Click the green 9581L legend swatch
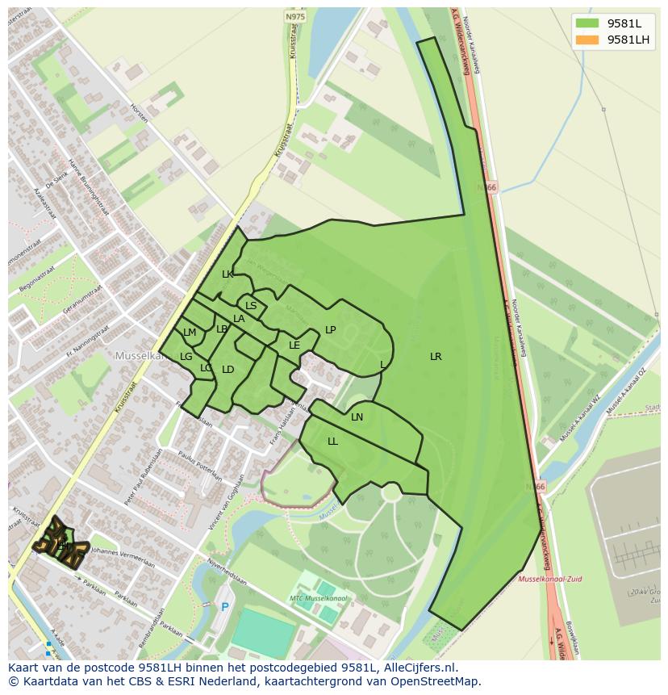587,23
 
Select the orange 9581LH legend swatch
587,40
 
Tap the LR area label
436,357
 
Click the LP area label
330,330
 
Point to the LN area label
357,417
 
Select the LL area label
332,442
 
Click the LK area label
228,274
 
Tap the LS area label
251,306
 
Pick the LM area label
190,333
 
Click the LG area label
186,357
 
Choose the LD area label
228,370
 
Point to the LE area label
294,345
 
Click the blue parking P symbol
224,608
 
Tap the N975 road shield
295,15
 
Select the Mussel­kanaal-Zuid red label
549,579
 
